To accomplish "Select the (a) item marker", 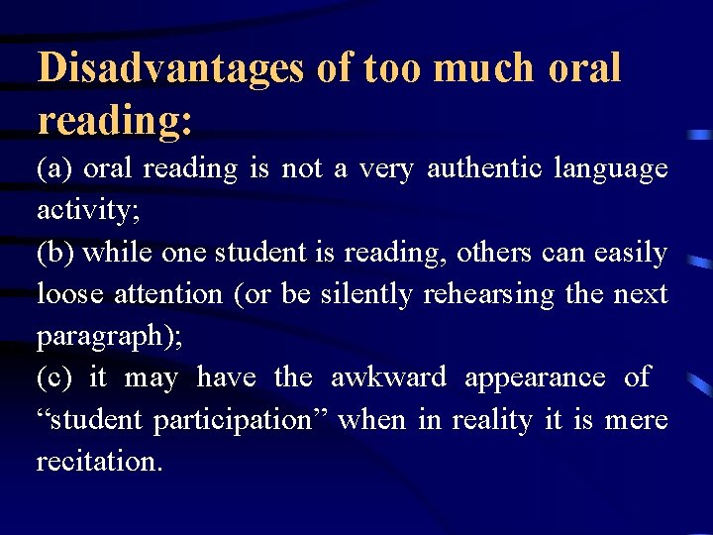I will click(x=54, y=168).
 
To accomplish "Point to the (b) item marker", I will click(x=55, y=253).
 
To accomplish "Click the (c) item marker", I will click(x=54, y=377).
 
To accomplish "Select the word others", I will click(x=498, y=253).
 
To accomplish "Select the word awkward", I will click(x=388, y=377).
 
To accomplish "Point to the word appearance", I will click(x=534, y=378).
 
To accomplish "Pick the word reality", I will click(x=492, y=420).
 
